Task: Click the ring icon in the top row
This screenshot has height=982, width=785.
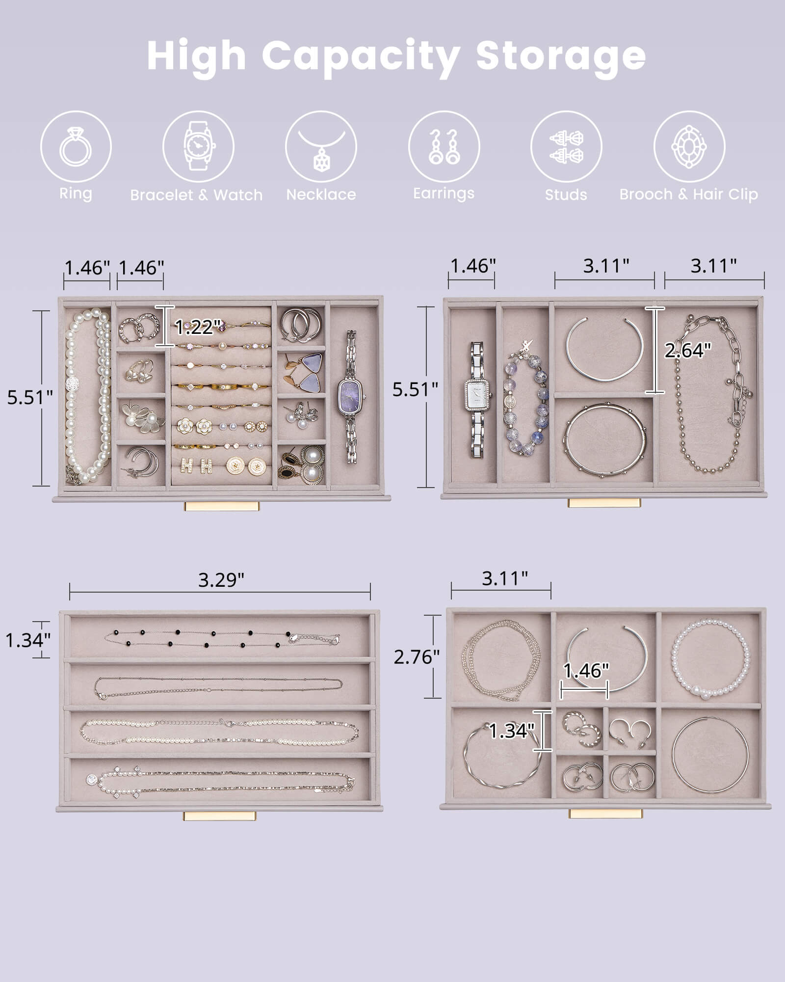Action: click(76, 147)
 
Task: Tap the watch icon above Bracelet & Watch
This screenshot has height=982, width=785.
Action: click(198, 147)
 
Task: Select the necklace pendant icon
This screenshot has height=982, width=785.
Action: click(321, 147)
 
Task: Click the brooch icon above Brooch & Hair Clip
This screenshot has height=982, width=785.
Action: click(689, 147)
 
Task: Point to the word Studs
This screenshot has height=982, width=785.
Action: click(566, 195)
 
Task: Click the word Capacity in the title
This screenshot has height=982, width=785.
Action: click(361, 56)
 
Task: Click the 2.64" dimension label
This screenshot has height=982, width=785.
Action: click(687, 351)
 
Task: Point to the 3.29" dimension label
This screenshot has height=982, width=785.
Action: click(221, 580)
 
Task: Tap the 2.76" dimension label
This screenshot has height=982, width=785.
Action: click(416, 657)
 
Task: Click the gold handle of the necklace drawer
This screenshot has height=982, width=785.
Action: click(220, 816)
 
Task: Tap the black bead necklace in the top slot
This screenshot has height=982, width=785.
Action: click(221, 638)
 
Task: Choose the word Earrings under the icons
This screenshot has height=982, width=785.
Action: click(444, 193)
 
